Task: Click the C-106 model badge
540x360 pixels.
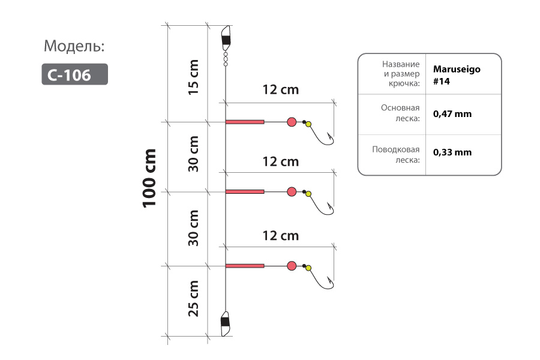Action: point(75,74)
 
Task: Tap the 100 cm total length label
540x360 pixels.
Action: point(149,178)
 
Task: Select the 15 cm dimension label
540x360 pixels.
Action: point(193,77)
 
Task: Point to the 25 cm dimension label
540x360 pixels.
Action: point(193,298)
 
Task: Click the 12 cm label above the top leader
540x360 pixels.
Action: point(281,89)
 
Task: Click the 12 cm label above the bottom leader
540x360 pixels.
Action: point(281,236)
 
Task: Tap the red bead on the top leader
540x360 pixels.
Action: point(292,122)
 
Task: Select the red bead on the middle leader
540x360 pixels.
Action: point(292,191)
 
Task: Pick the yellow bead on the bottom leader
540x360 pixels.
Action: point(308,268)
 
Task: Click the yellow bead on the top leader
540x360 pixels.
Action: point(308,124)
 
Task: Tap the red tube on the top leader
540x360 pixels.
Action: point(245,122)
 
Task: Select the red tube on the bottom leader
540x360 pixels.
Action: point(245,266)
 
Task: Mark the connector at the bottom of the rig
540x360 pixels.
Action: point(225,324)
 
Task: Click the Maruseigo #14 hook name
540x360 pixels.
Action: point(457,75)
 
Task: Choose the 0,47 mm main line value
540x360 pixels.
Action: point(452,114)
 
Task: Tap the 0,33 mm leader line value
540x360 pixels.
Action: point(452,152)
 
